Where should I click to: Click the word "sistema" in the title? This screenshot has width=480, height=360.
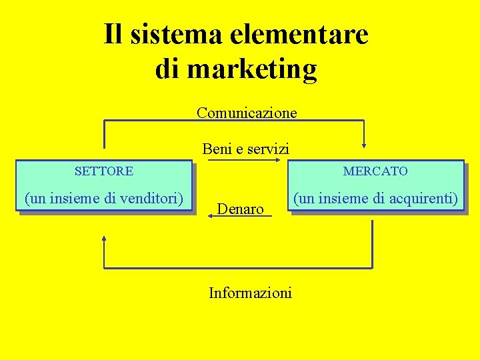pos(174,34)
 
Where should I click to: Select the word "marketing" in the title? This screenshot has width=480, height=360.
pos(254,69)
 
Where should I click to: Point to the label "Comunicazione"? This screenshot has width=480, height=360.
pos(247,113)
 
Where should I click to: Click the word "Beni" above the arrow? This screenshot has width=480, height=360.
pos(217,149)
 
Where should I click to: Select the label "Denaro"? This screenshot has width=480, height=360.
pos(241,209)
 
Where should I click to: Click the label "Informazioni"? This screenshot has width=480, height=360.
pos(250,293)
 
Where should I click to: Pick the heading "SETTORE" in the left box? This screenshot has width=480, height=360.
pos(104,171)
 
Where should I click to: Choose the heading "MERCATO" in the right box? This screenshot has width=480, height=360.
pos(375,171)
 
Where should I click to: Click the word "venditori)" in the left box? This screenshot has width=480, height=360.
pos(151,198)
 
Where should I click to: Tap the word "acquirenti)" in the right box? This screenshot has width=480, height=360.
pos(425,198)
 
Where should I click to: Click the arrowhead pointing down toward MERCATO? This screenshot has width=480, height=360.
pos(364,142)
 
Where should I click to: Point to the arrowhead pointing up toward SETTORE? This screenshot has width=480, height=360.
pos(104,239)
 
